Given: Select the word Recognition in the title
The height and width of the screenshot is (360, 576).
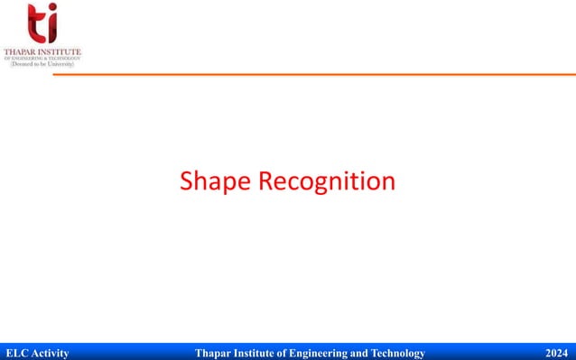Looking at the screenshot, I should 327,182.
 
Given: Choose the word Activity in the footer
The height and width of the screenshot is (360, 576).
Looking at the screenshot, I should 51,352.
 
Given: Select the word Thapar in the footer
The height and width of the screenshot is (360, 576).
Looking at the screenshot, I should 215,352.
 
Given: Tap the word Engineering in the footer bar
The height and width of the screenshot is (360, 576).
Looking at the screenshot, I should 327,352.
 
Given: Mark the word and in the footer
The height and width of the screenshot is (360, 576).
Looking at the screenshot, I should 364,352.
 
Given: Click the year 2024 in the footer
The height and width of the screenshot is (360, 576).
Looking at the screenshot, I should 558,352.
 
